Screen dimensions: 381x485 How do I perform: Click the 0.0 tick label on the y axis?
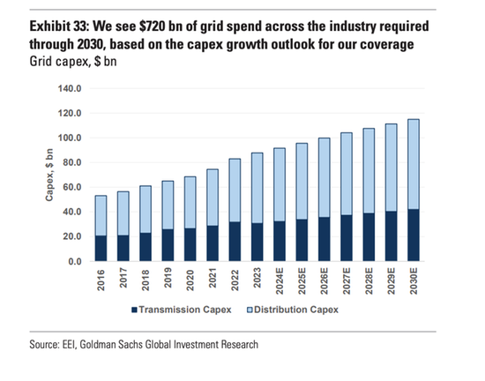click(x=74, y=262)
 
